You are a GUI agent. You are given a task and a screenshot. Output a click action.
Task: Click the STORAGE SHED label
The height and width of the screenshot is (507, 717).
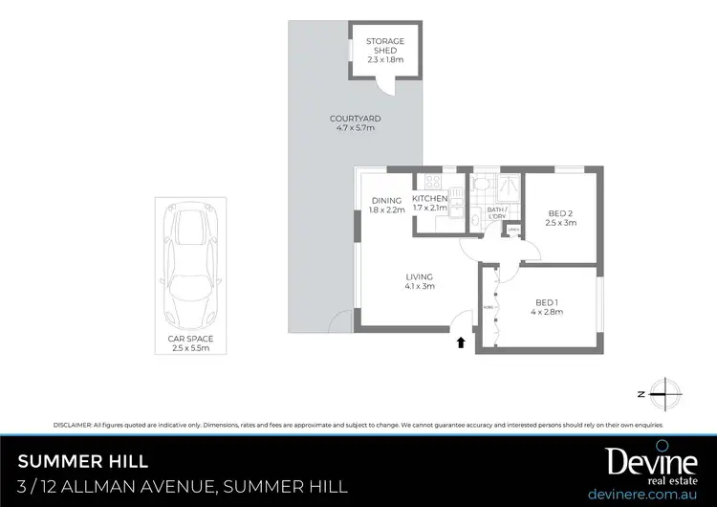[x=385, y=50]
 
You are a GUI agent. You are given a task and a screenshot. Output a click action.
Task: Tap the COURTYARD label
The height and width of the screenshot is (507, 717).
[x=350, y=122]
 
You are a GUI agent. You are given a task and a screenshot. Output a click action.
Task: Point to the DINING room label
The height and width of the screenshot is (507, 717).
[x=387, y=205]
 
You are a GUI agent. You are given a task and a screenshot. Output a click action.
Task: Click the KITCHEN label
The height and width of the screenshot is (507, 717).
[x=430, y=203]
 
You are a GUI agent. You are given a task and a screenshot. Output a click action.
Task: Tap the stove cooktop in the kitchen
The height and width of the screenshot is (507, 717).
[x=431, y=182]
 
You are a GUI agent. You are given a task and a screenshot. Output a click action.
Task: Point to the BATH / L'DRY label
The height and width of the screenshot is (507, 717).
[x=496, y=212]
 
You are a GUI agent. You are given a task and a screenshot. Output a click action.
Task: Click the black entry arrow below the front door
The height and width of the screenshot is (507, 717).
[x=462, y=341]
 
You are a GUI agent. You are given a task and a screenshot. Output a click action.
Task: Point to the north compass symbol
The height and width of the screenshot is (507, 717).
[x=663, y=391]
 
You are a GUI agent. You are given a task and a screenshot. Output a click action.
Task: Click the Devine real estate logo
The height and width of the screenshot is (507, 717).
[x=650, y=464]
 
